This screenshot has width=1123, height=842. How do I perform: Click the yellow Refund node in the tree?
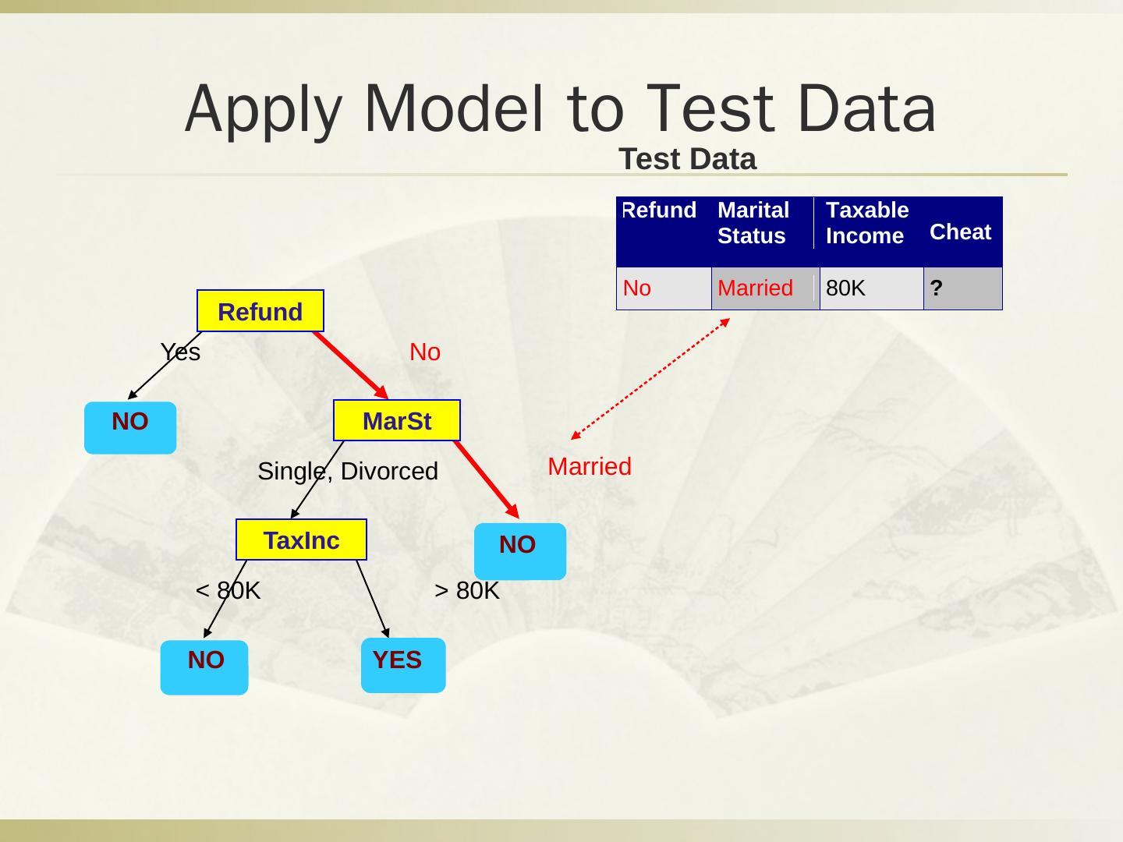coord(260,311)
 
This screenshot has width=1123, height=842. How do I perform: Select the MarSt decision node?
coord(396,421)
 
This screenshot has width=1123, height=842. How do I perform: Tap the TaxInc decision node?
coord(301,540)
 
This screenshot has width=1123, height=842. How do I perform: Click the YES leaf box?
coord(402,665)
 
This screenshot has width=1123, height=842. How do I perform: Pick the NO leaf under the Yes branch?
coord(130,427)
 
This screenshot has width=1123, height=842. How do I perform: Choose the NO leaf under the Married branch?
coord(519,550)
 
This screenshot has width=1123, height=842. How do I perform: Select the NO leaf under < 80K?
coord(204,667)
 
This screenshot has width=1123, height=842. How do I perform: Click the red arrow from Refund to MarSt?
coord(350,365)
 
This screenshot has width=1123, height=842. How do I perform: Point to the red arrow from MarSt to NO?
coord(486,479)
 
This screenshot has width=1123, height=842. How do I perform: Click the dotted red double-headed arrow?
coord(650,379)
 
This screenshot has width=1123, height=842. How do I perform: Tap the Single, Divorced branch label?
coord(348,471)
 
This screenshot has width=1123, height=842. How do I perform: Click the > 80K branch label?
coord(466,591)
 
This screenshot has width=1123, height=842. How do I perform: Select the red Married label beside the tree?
coord(589,466)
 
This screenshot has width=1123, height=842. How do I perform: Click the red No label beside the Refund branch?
coord(425,352)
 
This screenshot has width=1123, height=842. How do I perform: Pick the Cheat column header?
coord(960,232)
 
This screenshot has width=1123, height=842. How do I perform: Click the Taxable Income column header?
coord(866,223)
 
